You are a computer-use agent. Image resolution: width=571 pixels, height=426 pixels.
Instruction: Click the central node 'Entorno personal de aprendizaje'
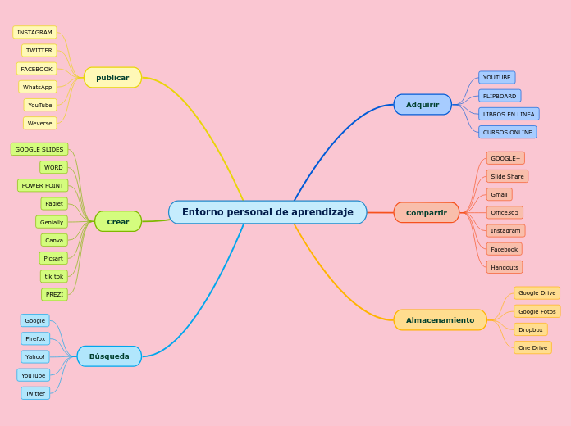click(x=267, y=212)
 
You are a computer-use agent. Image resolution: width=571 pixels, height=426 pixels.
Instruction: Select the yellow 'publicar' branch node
click(x=112, y=78)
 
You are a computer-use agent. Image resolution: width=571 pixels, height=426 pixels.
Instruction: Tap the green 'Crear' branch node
click(x=118, y=222)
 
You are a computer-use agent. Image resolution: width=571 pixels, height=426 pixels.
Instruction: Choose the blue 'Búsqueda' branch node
click(x=109, y=356)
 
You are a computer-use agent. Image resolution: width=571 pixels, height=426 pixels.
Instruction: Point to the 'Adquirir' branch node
click(x=423, y=105)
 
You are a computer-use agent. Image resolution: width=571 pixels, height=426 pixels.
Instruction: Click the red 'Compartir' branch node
click(x=427, y=213)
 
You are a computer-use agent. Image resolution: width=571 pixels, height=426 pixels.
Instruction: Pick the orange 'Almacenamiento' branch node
click(x=440, y=320)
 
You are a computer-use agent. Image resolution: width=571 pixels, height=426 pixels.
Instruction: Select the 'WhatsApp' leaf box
click(x=38, y=87)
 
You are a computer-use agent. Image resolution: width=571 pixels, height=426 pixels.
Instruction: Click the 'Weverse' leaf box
click(x=40, y=123)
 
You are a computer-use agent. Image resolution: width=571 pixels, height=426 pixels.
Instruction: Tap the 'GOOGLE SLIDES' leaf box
click(x=39, y=149)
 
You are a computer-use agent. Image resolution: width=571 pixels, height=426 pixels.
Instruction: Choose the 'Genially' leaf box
click(x=52, y=222)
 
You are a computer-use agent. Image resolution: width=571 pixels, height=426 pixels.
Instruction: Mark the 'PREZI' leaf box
click(x=54, y=294)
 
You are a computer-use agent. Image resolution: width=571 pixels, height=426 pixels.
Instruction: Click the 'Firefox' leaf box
click(x=35, y=338)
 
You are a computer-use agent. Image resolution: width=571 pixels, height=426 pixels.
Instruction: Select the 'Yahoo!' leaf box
click(x=35, y=356)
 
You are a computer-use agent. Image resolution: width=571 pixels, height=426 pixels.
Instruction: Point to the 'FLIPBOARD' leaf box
click(x=500, y=96)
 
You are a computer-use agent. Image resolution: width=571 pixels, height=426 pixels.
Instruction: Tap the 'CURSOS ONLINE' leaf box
click(x=508, y=132)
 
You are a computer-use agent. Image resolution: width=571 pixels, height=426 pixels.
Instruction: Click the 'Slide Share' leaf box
click(x=507, y=176)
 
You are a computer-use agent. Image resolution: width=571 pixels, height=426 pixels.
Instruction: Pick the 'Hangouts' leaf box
click(x=505, y=267)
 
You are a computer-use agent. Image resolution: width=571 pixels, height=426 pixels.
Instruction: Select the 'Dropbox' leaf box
click(x=531, y=329)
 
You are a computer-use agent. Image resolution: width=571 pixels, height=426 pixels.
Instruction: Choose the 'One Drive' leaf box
click(x=532, y=347)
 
